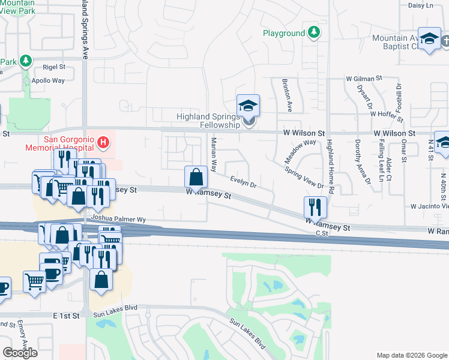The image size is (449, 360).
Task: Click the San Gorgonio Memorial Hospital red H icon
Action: pyautogui.click(x=103, y=142)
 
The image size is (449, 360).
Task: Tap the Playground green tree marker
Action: pyautogui.click(x=313, y=32)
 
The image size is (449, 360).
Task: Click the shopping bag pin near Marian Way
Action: pyautogui.click(x=196, y=177)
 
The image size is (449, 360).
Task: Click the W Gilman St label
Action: pyautogui.click(x=364, y=79)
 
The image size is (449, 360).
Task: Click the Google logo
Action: pyautogui.click(x=20, y=353)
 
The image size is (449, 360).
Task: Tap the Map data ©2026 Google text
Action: pyautogui.click(x=411, y=355)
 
